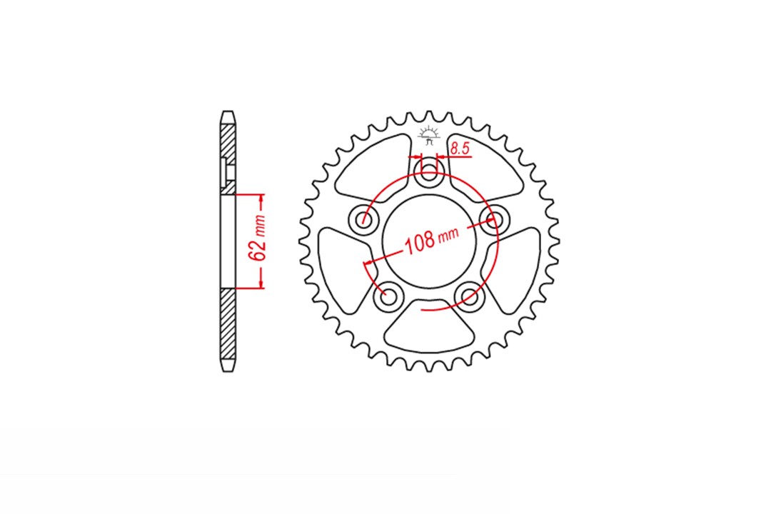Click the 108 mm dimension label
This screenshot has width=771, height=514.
[x=431, y=240]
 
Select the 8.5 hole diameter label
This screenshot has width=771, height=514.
[x=460, y=148]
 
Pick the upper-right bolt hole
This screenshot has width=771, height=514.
[x=494, y=218]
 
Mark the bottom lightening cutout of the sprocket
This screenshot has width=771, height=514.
[x=429, y=327]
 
